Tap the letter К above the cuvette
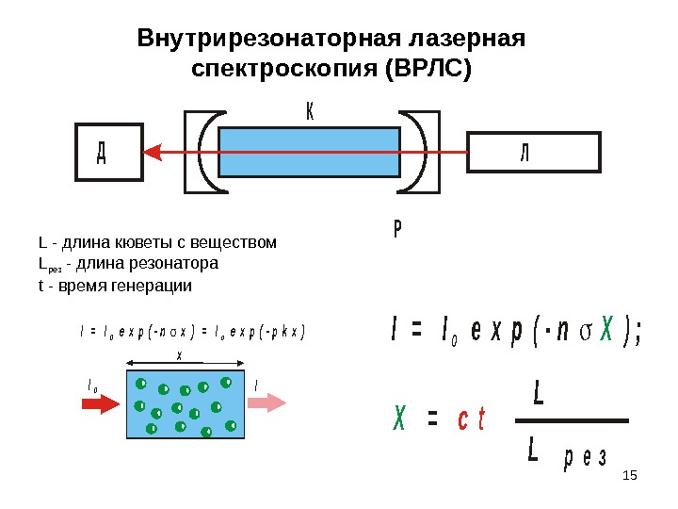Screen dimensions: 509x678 [311, 112]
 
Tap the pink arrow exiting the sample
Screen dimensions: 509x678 [267, 403]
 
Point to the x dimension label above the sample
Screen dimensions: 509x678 [180, 355]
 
